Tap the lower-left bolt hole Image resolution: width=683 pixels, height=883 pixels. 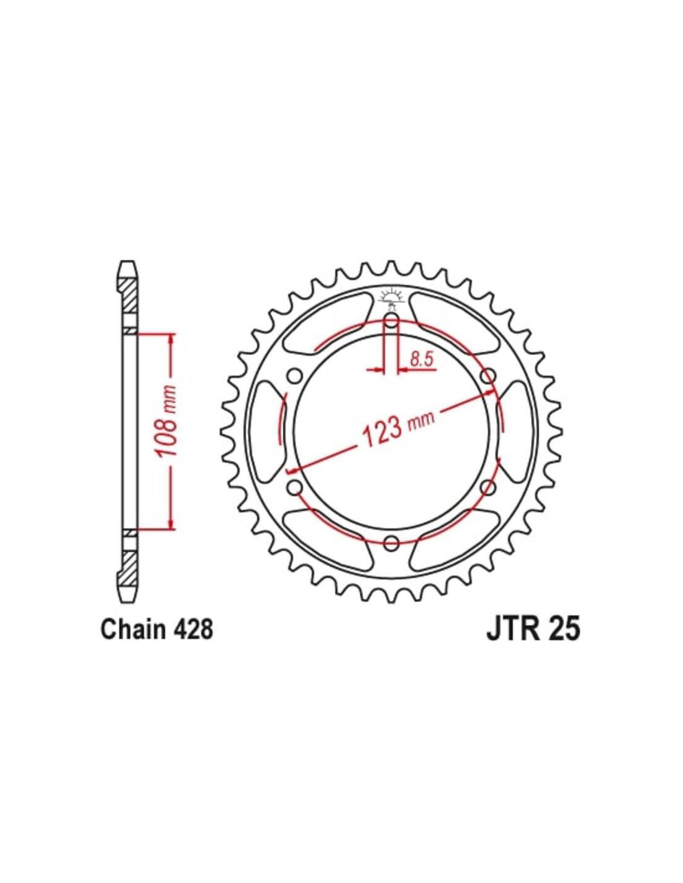pos(294,486)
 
